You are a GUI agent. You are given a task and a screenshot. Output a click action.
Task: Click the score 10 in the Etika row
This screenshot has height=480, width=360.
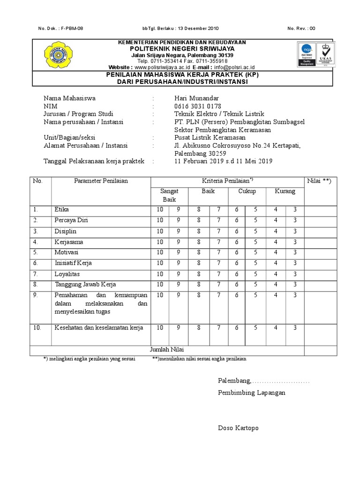coord(160,210)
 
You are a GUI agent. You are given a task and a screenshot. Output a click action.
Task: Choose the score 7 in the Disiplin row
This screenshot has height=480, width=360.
coord(218,232)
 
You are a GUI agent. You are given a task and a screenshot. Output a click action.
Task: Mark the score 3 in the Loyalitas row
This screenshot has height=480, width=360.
coord(295,273)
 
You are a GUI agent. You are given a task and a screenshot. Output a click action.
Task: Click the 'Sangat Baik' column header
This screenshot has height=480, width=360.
coord(169,195)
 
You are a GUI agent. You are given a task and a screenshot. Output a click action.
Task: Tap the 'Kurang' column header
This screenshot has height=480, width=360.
coord(285,191)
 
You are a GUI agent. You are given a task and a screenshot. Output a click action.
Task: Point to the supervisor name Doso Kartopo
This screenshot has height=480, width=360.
coord(238,428)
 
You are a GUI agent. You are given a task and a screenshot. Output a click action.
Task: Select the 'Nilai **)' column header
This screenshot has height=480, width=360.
coord(319,181)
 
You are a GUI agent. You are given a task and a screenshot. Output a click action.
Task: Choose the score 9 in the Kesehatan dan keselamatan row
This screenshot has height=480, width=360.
coord(179,328)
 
